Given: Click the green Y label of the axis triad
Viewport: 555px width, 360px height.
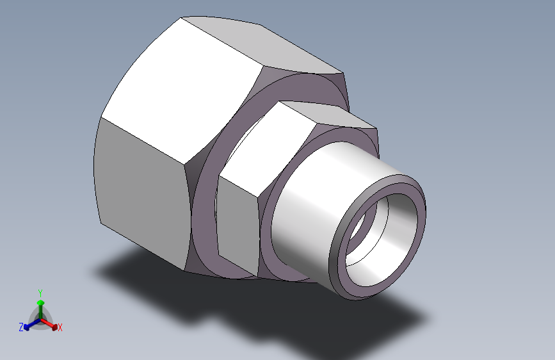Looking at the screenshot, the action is (x=40, y=293).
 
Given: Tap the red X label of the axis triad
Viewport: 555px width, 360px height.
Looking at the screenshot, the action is (x=60, y=328).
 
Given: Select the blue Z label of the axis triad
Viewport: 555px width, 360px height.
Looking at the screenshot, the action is (x=21, y=327).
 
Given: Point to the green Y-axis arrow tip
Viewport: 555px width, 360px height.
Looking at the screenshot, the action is (x=41, y=302).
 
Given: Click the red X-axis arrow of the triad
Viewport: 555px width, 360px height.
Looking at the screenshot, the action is (x=48, y=323).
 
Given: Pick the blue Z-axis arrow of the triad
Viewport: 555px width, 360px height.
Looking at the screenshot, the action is (x=33, y=324).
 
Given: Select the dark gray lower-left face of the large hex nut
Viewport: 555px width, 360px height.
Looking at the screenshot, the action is (x=141, y=193).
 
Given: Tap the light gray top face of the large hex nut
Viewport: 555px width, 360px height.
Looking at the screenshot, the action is (x=262, y=44).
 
